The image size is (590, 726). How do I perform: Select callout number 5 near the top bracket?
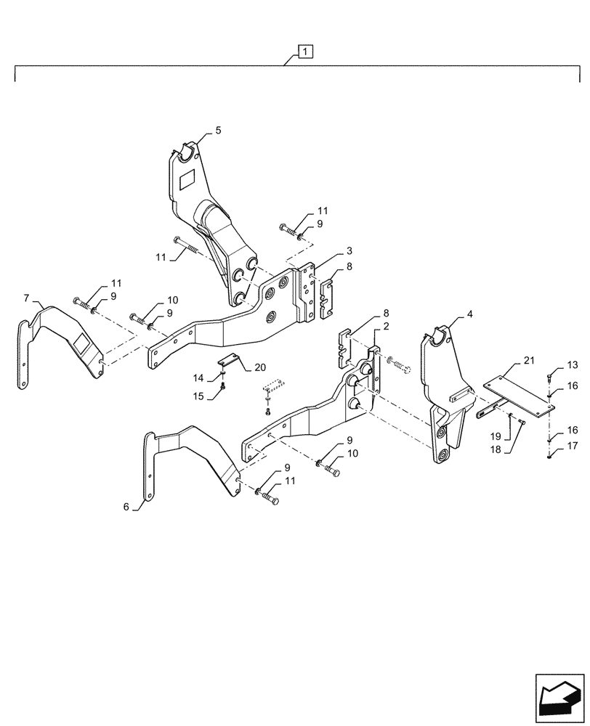pos(218,131)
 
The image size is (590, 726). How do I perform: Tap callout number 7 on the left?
pos(27,298)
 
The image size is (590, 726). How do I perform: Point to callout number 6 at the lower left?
pos(126,507)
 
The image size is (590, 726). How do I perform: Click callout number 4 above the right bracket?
pos(470,314)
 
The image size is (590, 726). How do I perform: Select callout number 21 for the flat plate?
pos(528,361)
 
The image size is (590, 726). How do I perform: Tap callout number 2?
pos(386,327)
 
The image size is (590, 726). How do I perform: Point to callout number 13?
pos(571,364)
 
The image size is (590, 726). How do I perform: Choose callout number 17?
pos(571,446)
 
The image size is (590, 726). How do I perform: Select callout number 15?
pos(198,396)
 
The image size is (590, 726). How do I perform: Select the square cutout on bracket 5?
pos(187,178)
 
